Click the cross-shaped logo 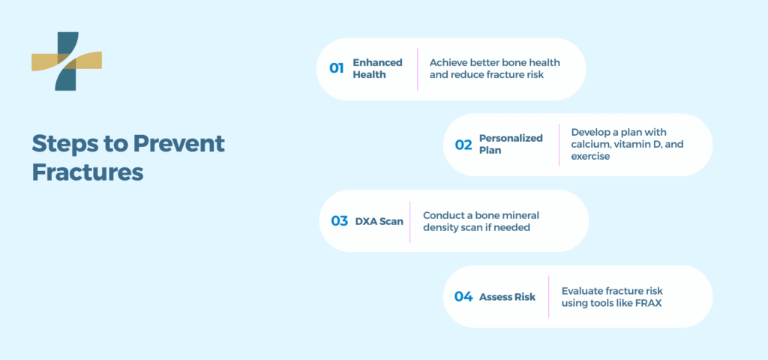[67, 61]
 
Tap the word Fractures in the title [88, 173]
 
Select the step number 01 [337, 68]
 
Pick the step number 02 [463, 145]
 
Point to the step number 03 [340, 221]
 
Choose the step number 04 [463, 297]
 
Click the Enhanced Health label [378, 68]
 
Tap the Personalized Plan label [511, 145]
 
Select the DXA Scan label [379, 221]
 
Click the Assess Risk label [508, 297]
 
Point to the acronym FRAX [649, 303]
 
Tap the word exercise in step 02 [590, 157]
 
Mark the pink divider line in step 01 [417, 69]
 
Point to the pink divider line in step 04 [548, 296]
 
